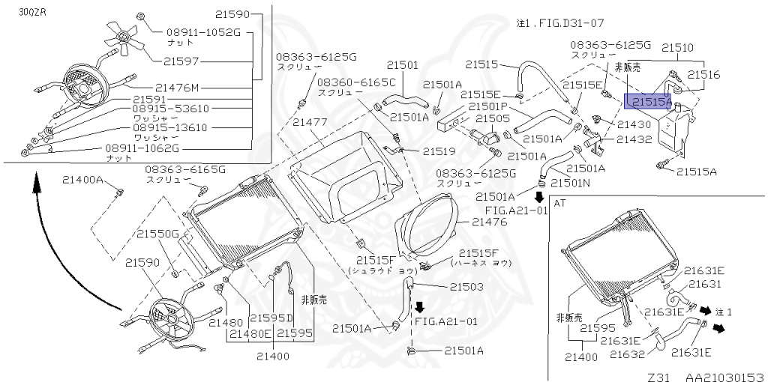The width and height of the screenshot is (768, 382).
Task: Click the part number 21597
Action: [181, 60]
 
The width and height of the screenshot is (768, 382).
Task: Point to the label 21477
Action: [309, 121]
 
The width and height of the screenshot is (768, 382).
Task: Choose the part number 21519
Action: [439, 151]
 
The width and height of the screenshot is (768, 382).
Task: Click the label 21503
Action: [466, 286]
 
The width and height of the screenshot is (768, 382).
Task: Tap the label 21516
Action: [704, 74]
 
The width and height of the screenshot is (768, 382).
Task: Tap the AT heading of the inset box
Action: [559, 202]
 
